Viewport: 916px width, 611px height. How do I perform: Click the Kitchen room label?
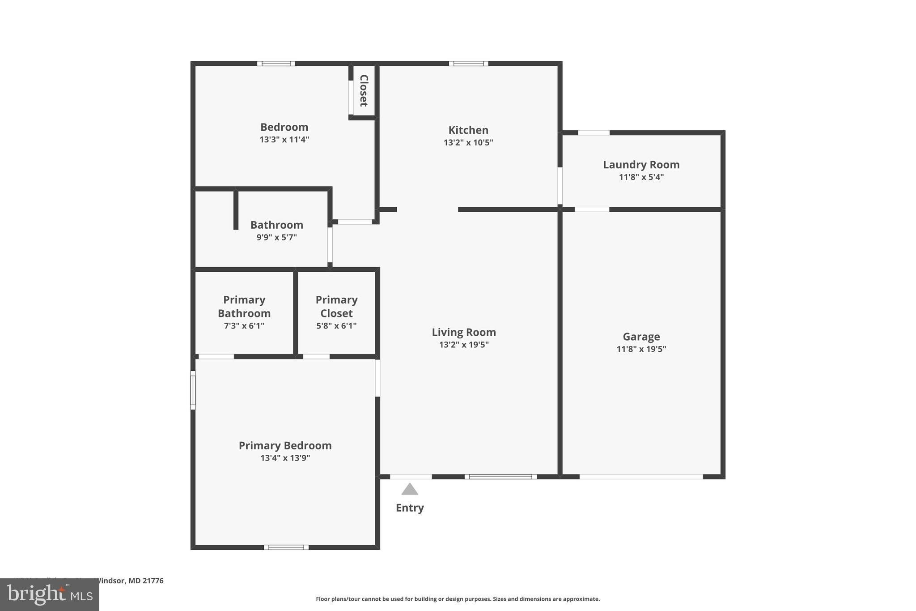(468, 130)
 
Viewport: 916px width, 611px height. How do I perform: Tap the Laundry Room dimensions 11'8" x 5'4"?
(641, 177)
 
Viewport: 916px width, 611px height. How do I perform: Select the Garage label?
(641, 337)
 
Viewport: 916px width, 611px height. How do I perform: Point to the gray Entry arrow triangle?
(410, 489)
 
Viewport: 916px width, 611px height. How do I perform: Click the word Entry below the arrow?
(410, 508)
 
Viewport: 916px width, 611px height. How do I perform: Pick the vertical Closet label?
(364, 91)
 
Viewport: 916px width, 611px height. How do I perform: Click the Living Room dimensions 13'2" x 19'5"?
(464, 345)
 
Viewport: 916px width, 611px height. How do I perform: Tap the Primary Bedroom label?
(285, 445)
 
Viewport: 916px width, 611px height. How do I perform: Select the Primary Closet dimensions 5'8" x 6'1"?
(336, 326)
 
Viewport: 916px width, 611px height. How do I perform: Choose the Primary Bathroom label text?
(244, 307)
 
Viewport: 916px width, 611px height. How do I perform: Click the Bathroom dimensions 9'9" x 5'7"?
(276, 237)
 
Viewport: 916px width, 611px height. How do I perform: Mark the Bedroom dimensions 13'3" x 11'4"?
(284, 139)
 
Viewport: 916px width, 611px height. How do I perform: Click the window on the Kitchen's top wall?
(468, 64)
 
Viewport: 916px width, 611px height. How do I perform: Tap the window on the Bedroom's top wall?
(276, 64)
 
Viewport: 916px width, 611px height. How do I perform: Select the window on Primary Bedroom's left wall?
(193, 390)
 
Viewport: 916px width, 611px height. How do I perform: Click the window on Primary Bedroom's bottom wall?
(286, 547)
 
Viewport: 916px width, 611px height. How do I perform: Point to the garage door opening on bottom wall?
(641, 477)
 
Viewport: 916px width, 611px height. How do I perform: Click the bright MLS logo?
(50, 594)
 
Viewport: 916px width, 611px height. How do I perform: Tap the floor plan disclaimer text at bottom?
(458, 599)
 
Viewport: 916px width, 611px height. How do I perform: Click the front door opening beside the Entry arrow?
(411, 477)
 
